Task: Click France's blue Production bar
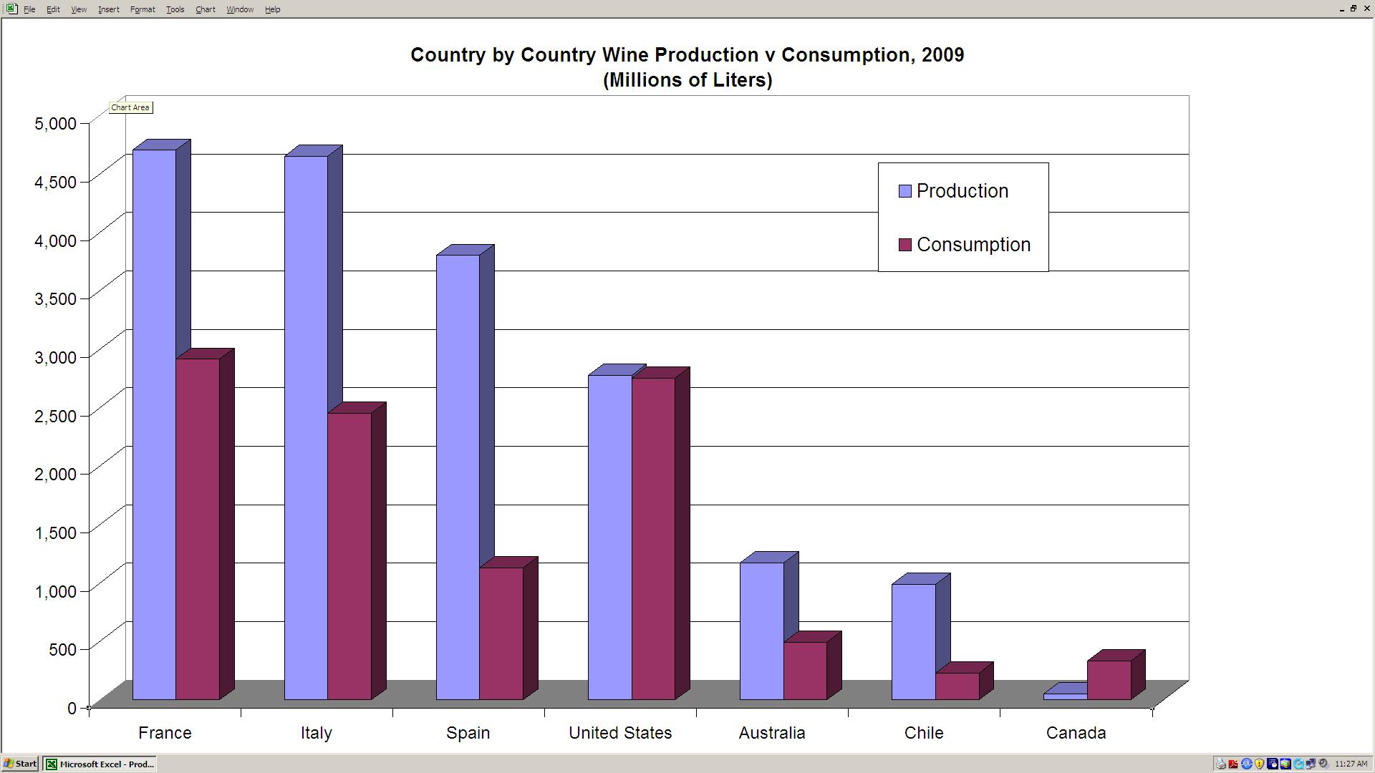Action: point(154,422)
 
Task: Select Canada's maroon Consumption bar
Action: point(1109,680)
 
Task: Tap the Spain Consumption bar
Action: point(501,633)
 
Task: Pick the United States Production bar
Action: point(609,537)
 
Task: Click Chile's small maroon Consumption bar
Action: point(957,686)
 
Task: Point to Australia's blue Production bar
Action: point(761,631)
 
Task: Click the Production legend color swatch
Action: point(905,191)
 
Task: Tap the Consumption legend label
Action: point(973,245)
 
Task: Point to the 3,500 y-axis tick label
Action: point(55,298)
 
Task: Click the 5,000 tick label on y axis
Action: point(55,123)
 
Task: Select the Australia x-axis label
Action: point(772,733)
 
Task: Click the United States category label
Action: point(620,733)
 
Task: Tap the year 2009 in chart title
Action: point(942,55)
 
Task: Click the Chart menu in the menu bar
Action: point(205,9)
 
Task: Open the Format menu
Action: point(143,9)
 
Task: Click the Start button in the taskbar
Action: point(20,764)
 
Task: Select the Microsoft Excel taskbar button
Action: point(100,764)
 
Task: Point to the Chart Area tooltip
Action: point(130,107)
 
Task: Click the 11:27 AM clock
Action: point(1351,764)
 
